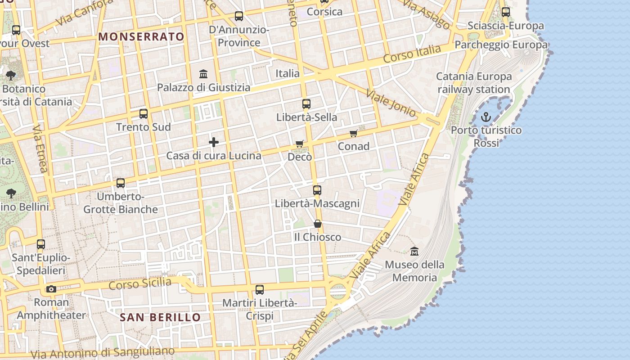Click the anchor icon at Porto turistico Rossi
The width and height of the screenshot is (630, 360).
(x=486, y=117)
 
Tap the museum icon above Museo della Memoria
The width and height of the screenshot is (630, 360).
(x=414, y=251)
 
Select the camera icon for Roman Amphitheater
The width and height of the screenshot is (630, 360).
(x=51, y=289)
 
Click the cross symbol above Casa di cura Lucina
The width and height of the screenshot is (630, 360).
(x=214, y=143)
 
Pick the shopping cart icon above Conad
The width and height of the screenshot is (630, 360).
(x=354, y=133)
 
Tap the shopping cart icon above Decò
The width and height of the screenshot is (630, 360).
(x=300, y=144)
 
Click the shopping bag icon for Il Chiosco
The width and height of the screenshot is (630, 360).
(x=318, y=224)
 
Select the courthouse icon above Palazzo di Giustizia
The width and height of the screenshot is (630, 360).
(x=203, y=74)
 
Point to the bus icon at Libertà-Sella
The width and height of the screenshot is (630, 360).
(x=306, y=104)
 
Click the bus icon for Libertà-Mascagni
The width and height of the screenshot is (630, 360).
(x=317, y=190)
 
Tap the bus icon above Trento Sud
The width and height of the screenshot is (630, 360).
(x=144, y=113)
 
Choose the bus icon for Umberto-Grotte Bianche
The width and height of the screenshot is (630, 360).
(x=121, y=183)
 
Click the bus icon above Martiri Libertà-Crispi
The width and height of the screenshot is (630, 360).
(x=260, y=290)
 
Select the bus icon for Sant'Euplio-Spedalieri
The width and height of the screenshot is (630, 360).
(x=41, y=244)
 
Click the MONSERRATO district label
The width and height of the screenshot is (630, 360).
(x=141, y=37)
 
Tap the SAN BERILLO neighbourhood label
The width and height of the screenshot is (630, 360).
(x=160, y=317)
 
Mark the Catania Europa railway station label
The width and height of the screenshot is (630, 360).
(x=474, y=83)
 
